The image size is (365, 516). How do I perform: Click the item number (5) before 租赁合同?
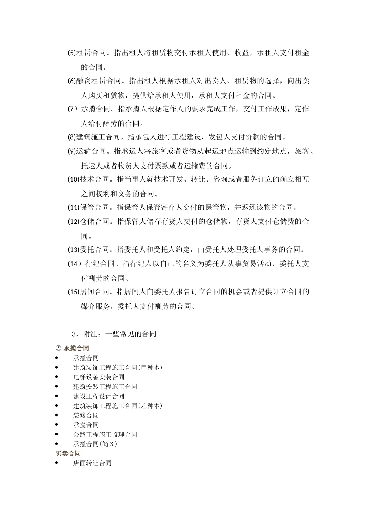72,53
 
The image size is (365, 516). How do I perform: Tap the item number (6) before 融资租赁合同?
72,81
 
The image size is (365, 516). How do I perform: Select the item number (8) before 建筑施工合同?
72,137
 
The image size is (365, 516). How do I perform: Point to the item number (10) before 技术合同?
73,179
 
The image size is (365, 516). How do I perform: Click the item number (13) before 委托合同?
73,250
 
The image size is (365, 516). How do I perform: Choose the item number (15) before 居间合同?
73,292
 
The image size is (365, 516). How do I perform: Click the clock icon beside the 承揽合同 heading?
58,348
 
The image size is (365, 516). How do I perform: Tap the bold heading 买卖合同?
68,453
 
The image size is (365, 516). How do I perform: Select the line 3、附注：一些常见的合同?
114,334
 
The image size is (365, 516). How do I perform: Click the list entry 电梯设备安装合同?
99,377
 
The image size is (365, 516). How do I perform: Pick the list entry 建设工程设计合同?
99,396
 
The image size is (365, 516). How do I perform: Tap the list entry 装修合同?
86,415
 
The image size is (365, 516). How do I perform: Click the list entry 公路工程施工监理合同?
105,435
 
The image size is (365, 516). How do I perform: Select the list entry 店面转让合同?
92,463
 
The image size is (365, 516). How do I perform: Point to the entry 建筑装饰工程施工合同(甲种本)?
118,367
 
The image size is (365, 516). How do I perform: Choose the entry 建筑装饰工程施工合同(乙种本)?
118,406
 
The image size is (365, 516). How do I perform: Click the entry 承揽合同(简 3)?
95,444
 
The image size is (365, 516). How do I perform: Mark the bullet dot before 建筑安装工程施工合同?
57,387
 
